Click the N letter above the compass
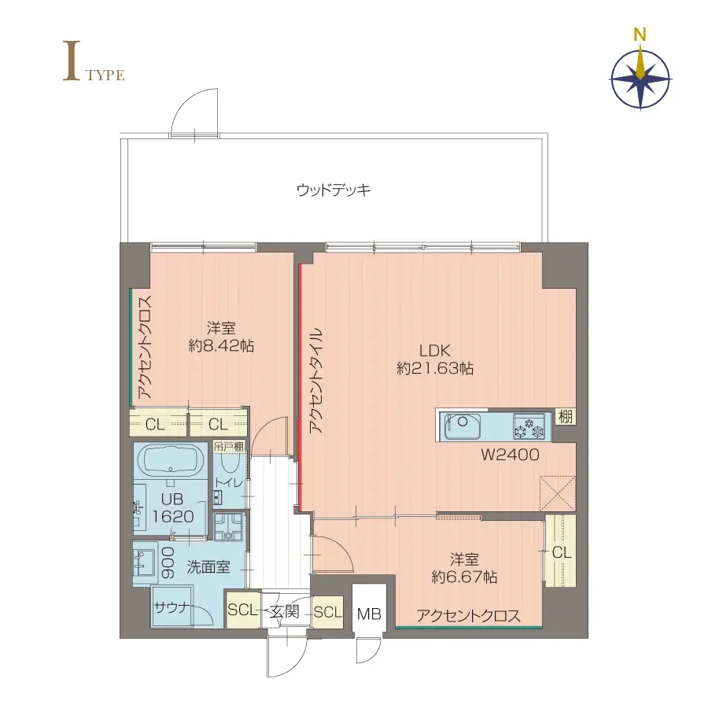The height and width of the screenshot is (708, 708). [x=641, y=35]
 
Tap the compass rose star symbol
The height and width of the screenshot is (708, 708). [x=641, y=78]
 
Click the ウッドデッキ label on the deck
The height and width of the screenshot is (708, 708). [x=334, y=190]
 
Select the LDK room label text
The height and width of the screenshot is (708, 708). [x=434, y=351]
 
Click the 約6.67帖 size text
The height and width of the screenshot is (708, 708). [x=464, y=577]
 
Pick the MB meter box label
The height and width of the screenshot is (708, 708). [x=368, y=614]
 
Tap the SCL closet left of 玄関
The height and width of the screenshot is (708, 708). [x=242, y=611]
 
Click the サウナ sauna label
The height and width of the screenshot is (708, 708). [x=170, y=607]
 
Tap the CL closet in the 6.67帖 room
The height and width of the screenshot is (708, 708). [x=561, y=552]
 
